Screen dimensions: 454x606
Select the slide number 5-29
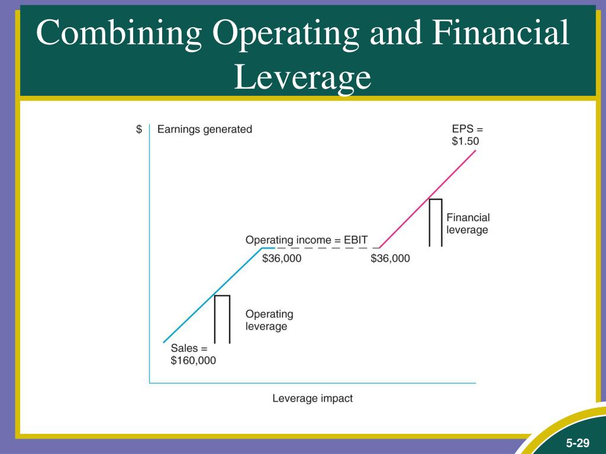coord(576,443)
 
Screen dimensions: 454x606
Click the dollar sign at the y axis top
coord(139,129)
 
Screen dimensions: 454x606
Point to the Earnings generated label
coord(205,129)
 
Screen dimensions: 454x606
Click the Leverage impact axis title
coord(312,398)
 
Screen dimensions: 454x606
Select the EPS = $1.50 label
coord(468,135)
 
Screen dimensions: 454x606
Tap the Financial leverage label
coord(468,223)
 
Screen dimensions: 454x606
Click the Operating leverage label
coord(269,320)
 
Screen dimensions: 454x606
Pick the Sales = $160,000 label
coord(193,354)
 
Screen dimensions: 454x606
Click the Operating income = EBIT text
coord(307,240)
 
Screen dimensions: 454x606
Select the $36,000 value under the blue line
coord(282,258)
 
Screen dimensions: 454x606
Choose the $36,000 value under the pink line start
coord(390,258)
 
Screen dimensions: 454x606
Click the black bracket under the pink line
coord(436,222)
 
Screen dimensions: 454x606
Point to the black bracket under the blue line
coord(222,319)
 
